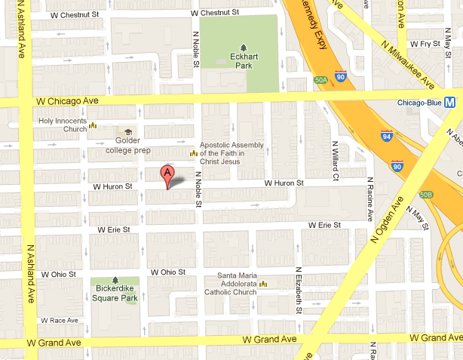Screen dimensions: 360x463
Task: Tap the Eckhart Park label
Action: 242,60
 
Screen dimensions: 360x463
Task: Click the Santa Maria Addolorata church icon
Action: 265,284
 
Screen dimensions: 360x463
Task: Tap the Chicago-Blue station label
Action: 420,103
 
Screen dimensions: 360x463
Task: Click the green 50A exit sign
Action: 320,79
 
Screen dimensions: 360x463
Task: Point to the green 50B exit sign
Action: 427,195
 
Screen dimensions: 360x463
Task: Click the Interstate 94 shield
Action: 386,136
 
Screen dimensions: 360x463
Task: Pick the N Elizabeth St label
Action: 299,290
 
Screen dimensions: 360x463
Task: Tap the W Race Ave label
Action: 60,320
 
